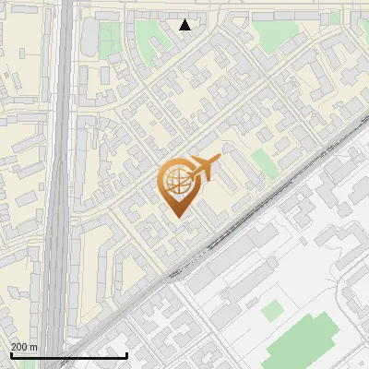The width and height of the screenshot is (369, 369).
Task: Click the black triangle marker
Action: (x=185, y=25)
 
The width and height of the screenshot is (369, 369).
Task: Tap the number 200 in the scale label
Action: (x=19, y=347)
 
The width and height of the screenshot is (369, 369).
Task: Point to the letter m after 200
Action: (x=33, y=347)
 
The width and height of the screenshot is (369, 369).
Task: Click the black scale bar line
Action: (x=68, y=355)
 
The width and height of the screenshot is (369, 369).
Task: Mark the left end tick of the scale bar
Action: (x=11, y=354)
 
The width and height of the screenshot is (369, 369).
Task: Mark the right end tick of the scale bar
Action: (x=126, y=354)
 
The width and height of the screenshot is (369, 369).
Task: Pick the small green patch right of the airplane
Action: (x=265, y=162)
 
